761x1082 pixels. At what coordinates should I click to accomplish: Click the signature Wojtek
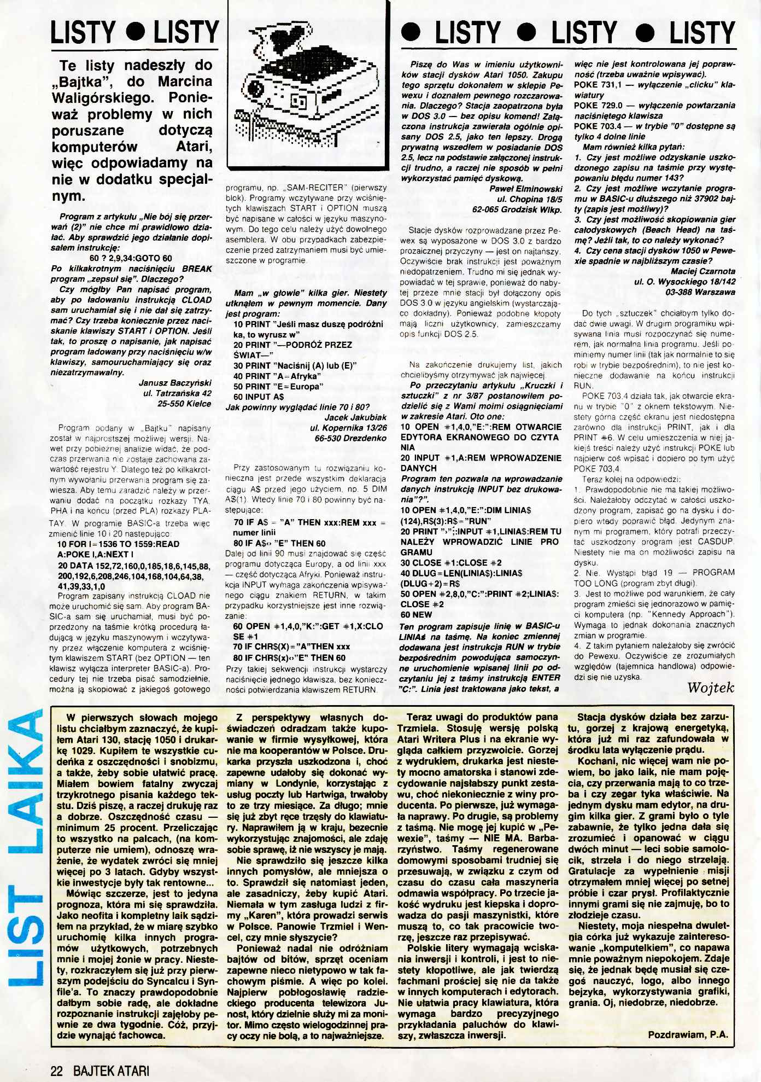click(x=711, y=688)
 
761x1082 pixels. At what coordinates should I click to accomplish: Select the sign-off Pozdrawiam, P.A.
click(x=688, y=1035)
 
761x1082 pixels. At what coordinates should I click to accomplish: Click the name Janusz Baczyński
click(x=175, y=383)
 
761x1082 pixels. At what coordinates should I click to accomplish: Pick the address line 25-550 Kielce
click(x=184, y=404)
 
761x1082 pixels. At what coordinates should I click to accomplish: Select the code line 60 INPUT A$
click(x=259, y=397)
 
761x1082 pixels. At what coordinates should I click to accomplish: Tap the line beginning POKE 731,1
click(x=654, y=85)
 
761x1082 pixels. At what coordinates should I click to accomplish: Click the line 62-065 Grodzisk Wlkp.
click(x=517, y=210)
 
